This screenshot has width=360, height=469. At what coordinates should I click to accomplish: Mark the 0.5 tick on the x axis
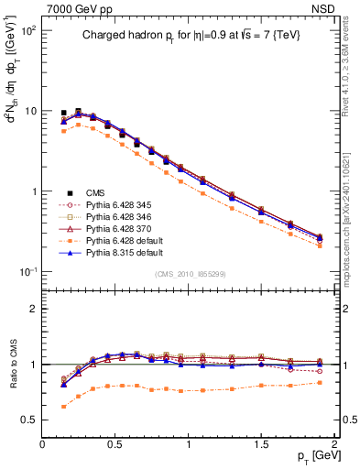(x=115, y=443)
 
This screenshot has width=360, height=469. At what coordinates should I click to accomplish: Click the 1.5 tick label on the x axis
(x=261, y=443)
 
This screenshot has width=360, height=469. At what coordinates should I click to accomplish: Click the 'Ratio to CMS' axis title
(x=10, y=365)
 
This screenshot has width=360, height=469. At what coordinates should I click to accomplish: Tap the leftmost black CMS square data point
(x=63, y=113)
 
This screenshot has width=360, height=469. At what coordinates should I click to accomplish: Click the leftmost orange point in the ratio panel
(x=63, y=406)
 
